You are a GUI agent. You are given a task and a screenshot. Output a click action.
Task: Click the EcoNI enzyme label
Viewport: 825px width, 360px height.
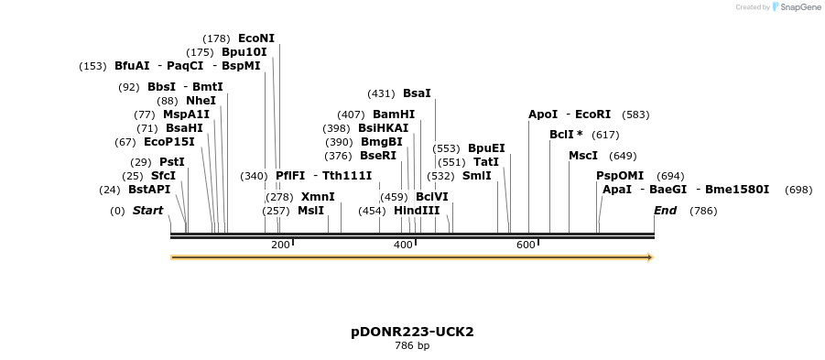click(256, 38)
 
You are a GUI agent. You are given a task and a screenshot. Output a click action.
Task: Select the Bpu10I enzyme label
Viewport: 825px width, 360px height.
click(244, 52)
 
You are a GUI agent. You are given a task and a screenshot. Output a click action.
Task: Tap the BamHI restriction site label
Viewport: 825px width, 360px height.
click(394, 115)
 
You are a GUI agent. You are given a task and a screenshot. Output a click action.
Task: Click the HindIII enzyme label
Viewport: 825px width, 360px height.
click(417, 211)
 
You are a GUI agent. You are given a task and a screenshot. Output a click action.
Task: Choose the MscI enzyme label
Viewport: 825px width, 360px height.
click(583, 156)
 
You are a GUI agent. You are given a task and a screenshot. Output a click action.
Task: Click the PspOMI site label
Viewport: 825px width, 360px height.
click(620, 176)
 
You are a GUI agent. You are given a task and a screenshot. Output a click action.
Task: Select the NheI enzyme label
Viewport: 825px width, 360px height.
click(201, 101)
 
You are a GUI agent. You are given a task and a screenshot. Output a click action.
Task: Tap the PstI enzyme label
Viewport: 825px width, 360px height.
click(172, 162)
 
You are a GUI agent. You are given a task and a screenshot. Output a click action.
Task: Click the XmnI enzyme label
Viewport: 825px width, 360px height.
click(318, 197)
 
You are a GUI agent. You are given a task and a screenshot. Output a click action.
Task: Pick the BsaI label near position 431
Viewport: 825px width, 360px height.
click(417, 93)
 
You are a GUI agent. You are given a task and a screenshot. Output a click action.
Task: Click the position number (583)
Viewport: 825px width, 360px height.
click(635, 115)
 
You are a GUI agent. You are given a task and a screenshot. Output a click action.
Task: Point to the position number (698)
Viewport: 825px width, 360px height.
click(798, 190)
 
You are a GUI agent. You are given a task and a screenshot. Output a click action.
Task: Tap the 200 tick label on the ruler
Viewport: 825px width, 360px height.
click(280, 245)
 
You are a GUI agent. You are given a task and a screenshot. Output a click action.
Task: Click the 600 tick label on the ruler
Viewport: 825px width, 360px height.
click(526, 245)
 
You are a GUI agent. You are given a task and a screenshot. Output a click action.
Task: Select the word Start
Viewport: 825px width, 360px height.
click(147, 211)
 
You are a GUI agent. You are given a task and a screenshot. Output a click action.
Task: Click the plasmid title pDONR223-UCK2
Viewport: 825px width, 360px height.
click(412, 332)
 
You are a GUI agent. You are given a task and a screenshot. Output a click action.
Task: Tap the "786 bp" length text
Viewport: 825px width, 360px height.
click(412, 346)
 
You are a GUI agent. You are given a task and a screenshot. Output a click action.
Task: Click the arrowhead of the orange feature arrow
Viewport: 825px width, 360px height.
click(650, 257)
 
